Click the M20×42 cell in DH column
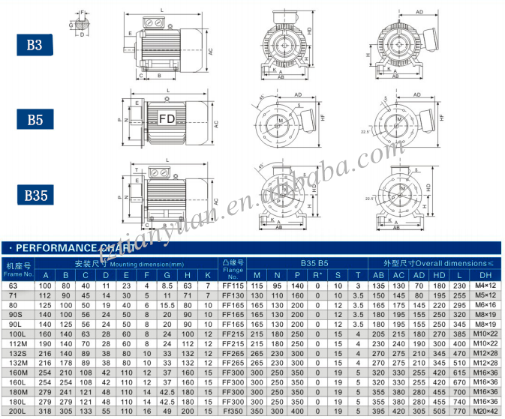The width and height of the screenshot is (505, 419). [x=485, y=412]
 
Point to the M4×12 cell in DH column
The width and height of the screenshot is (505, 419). [x=485, y=286]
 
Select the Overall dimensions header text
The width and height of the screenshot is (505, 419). [x=444, y=264]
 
